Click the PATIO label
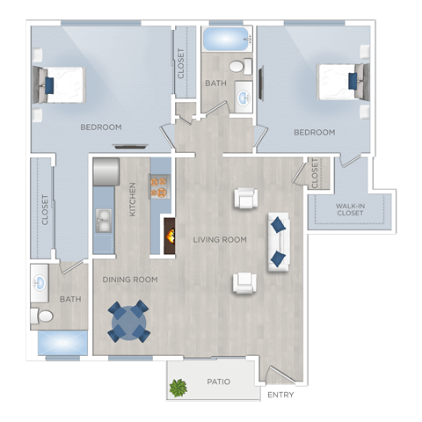[x=219, y=382]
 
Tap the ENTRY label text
[x=281, y=395]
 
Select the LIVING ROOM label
[x=220, y=239]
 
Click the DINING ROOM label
[x=129, y=280]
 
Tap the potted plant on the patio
[x=179, y=386]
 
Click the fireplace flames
[x=168, y=234]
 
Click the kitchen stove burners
[x=159, y=184]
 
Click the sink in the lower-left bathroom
[x=41, y=283]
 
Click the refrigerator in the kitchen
[x=105, y=171]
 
